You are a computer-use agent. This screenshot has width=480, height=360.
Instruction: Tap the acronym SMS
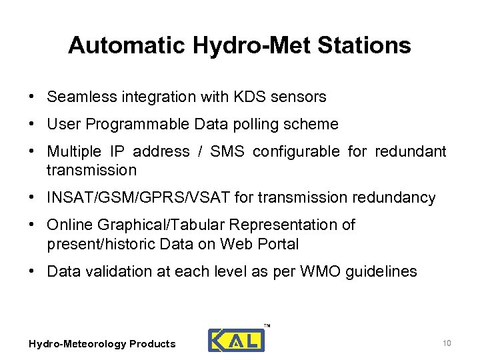(227, 152)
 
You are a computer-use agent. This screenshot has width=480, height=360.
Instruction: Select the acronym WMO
(311, 271)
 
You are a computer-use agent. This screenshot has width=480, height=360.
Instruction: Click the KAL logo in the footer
(236, 340)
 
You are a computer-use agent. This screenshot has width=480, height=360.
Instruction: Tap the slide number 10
(447, 343)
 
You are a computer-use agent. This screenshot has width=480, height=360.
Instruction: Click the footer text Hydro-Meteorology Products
(102, 344)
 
